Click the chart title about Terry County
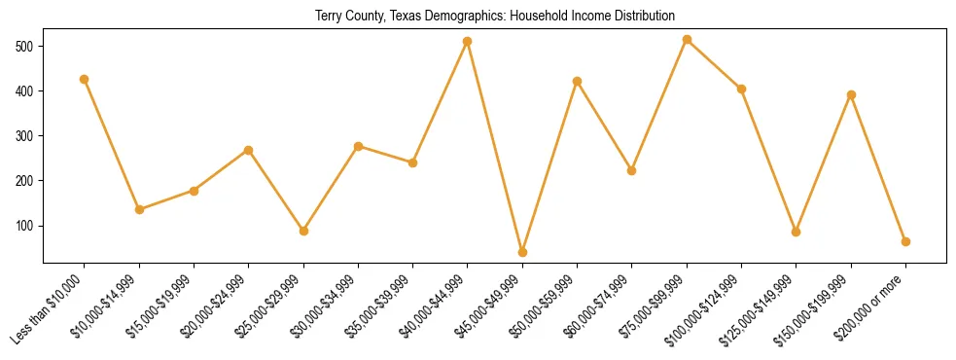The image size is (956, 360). (x=495, y=16)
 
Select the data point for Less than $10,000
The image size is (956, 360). (x=85, y=79)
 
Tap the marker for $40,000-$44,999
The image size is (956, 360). (x=468, y=41)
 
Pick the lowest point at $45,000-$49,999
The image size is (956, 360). (x=522, y=252)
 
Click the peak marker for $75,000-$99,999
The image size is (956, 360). (x=687, y=40)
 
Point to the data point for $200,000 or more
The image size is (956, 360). (x=905, y=241)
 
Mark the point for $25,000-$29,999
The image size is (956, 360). (x=303, y=231)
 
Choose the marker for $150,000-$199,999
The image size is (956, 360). (x=851, y=94)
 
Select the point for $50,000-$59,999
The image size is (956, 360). (x=577, y=81)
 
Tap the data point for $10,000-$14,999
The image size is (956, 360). (x=139, y=209)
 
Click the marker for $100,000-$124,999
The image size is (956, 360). (x=741, y=89)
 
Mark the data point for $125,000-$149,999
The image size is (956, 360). (x=796, y=232)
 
